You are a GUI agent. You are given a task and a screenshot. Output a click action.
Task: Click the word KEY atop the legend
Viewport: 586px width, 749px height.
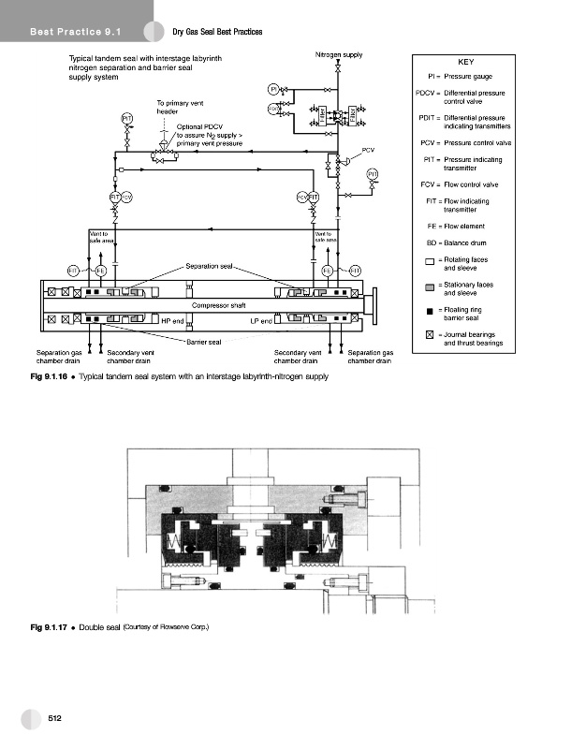coord(465,62)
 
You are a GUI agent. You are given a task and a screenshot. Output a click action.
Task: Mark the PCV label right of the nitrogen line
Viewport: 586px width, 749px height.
coord(368,150)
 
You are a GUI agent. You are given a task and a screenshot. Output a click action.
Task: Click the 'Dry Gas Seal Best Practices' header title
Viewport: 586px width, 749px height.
coord(217,34)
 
